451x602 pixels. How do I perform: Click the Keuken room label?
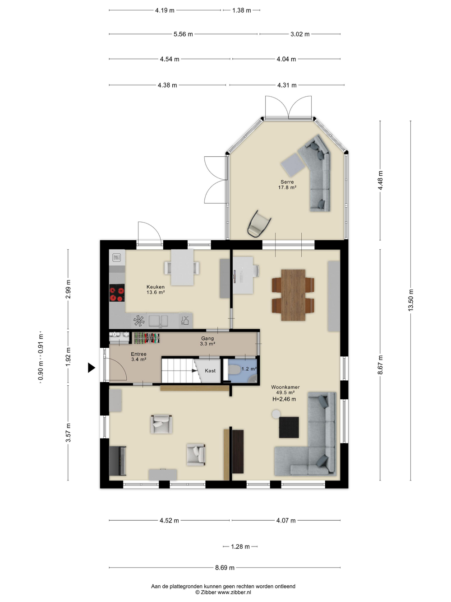tap(156, 287)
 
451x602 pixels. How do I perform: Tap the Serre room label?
tap(287, 182)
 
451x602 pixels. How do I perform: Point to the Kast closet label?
tap(210, 370)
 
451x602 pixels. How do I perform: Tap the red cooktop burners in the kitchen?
tap(117, 293)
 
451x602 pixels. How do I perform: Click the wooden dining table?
tap(293, 295)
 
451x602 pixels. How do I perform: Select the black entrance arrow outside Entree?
tap(92, 368)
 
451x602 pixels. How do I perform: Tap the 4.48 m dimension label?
tap(380, 180)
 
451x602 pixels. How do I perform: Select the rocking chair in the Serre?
tap(259, 224)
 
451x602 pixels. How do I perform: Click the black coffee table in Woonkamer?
tap(289, 427)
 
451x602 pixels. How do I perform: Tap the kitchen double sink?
tap(158, 320)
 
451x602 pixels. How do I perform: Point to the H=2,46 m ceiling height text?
tap(284, 399)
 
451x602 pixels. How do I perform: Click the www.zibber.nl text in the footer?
tap(234, 592)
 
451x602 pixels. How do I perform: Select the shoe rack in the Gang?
tap(147, 338)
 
